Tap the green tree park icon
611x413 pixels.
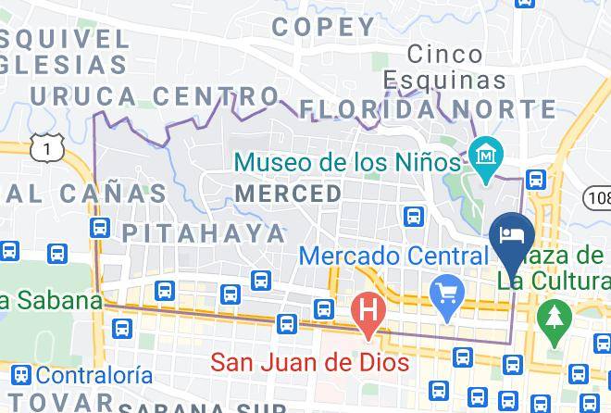click(555, 316)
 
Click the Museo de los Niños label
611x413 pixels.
click(346, 163)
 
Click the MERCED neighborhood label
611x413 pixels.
click(288, 194)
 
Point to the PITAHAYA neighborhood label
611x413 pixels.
click(205, 232)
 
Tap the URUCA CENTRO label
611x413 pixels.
click(154, 95)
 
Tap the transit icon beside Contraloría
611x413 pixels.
click(22, 375)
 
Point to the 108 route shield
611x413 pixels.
click(598, 196)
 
